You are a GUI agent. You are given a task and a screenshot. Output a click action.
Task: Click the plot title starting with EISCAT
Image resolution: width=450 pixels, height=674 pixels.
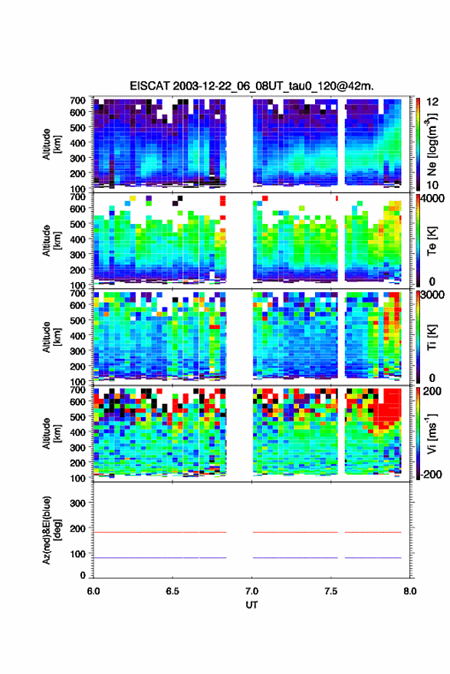point(251,86)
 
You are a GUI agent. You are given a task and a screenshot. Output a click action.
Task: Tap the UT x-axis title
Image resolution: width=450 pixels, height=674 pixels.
point(251,605)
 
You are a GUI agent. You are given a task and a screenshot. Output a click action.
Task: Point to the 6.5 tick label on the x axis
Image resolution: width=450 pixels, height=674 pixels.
point(172,591)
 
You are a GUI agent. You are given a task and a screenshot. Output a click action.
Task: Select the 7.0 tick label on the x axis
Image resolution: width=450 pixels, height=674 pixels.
point(252,591)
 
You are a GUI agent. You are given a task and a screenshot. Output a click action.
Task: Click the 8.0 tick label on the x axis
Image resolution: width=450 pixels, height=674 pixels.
point(409,591)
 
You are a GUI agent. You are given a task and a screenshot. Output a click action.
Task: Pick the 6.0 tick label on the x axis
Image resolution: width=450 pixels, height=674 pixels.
point(94,591)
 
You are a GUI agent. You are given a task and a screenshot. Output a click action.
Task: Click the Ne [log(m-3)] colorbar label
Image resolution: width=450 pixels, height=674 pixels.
point(432,144)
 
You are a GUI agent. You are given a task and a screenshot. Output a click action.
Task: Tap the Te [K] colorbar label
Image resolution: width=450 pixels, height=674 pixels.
point(432,241)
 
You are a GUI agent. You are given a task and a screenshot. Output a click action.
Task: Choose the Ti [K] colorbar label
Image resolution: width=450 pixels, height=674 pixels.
point(432,337)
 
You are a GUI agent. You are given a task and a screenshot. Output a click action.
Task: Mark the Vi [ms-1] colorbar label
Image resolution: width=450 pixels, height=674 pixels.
point(432,434)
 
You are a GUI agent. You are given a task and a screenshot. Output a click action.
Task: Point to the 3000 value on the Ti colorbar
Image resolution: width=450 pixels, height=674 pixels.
point(432,295)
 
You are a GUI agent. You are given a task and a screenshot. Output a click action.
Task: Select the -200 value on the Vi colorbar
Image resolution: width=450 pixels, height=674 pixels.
point(431,474)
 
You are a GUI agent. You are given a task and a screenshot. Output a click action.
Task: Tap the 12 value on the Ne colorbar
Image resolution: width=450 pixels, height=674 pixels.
point(432,102)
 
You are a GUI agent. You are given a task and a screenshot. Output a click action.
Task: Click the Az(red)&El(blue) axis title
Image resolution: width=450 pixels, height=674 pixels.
point(52,531)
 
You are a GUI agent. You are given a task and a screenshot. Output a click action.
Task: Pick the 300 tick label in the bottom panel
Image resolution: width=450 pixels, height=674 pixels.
point(77,503)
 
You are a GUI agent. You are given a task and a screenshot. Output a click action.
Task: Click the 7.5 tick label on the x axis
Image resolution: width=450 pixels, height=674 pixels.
point(330,591)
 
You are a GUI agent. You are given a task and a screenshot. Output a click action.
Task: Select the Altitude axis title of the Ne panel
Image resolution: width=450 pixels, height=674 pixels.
point(51,144)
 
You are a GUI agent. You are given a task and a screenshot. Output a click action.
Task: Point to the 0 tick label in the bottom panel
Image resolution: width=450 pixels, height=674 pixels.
point(83,575)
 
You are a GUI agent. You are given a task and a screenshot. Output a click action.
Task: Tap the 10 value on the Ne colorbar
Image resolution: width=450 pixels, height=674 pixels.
point(432,186)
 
